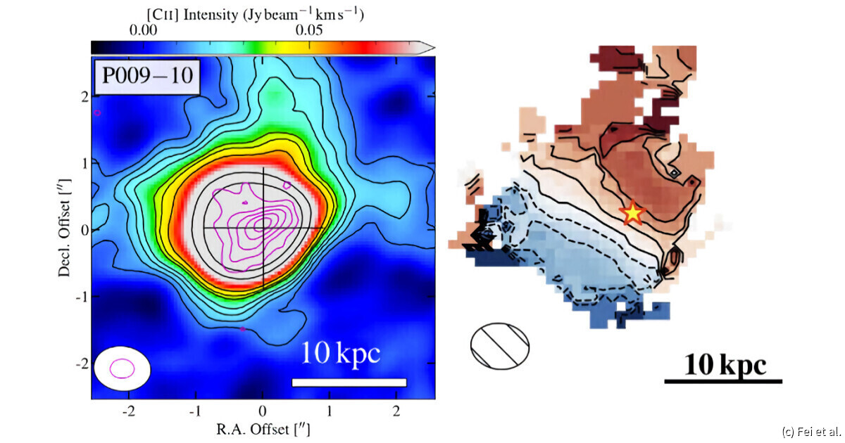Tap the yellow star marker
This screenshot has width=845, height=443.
632,212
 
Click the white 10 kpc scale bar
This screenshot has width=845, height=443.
349,382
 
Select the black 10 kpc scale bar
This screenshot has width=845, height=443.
723,382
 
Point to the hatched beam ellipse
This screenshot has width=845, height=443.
499,345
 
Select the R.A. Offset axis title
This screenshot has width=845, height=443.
262,427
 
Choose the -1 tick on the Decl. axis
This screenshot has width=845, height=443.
79,297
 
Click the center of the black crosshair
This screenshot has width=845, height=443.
263,229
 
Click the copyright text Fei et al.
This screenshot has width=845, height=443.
811,431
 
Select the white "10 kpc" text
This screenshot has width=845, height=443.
342,354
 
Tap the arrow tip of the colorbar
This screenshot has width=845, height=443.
432,47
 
